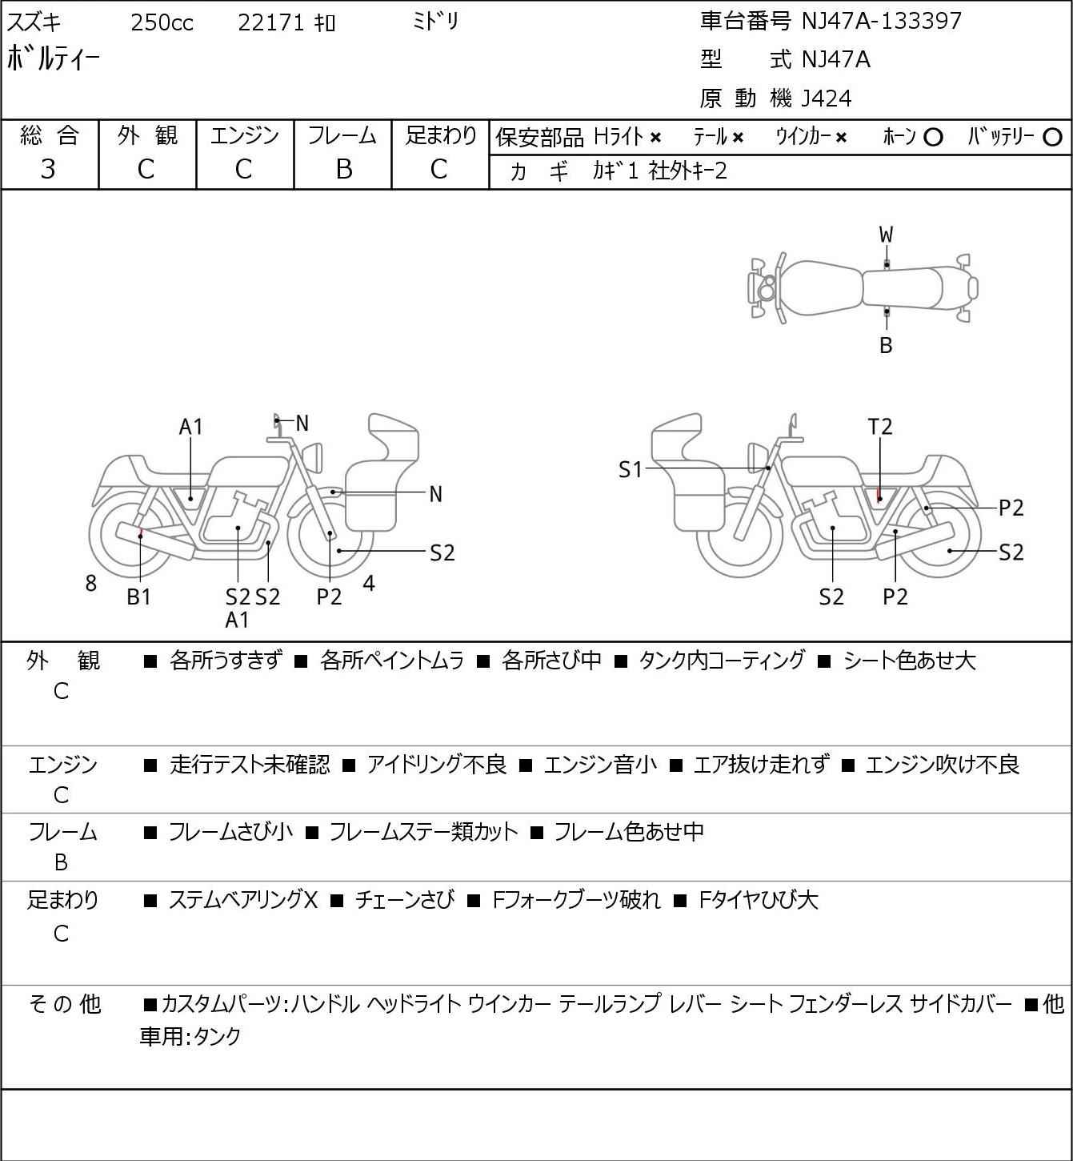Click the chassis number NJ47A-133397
881,21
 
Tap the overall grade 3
48,170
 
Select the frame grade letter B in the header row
343,170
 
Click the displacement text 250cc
162,22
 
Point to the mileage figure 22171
271,22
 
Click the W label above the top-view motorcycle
886,235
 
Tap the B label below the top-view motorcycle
886,345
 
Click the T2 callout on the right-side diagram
880,427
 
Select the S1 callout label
631,469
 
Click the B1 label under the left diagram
139,597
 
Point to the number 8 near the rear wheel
90,583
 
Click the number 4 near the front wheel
369,583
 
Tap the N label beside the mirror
302,424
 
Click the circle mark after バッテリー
1052,138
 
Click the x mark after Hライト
656,138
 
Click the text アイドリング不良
437,765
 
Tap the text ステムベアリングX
243,900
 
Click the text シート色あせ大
909,661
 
